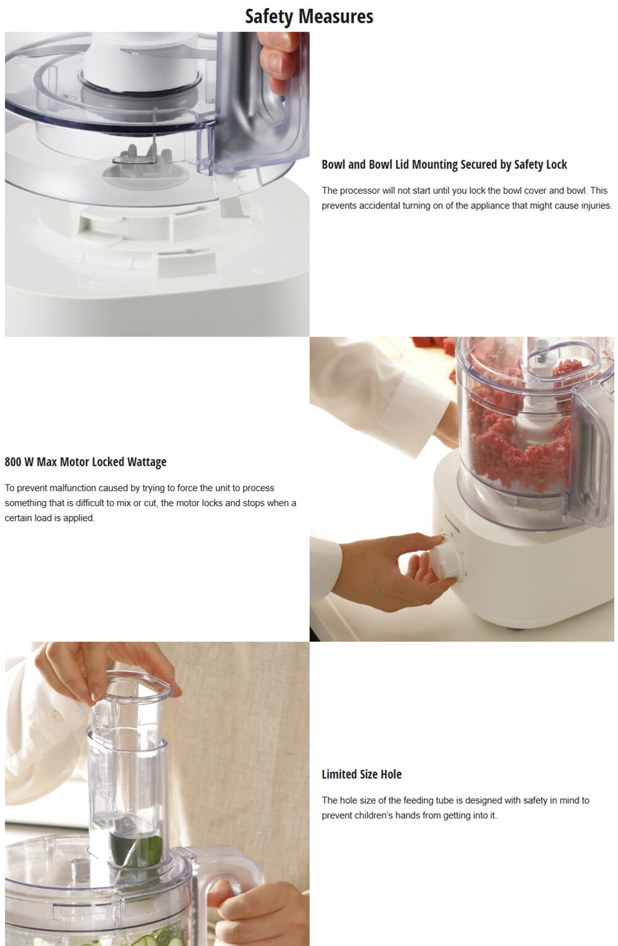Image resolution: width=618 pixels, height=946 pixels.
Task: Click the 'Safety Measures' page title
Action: pyautogui.click(x=309, y=17)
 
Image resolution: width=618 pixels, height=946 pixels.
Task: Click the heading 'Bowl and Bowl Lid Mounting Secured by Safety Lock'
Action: pyautogui.click(x=444, y=165)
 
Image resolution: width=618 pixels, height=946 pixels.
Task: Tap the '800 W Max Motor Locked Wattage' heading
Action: pyautogui.click(x=86, y=462)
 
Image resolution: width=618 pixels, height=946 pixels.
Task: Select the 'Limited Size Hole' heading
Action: pyautogui.click(x=362, y=774)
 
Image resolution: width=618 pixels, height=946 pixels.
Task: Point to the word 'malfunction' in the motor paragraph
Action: pyautogui.click(x=73, y=488)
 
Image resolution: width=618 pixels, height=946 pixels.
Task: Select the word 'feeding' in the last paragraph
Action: pyautogui.click(x=419, y=801)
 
